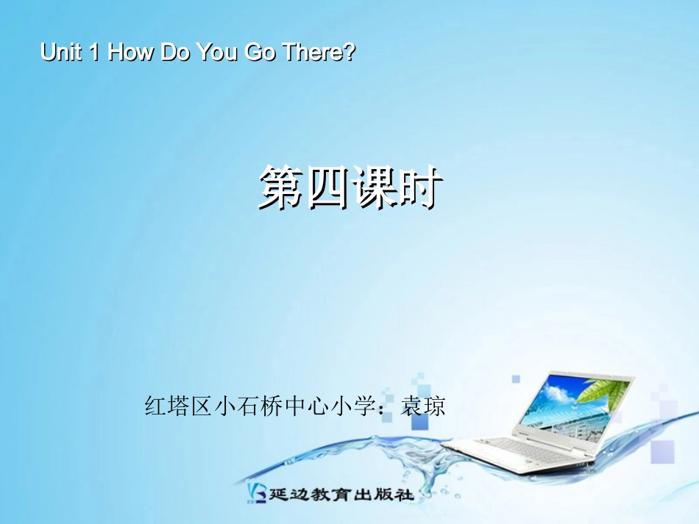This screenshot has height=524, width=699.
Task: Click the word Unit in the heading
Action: coord(60,53)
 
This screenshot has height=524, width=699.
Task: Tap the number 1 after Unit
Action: coord(93,53)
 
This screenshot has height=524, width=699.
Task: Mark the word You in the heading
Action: coord(216,53)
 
